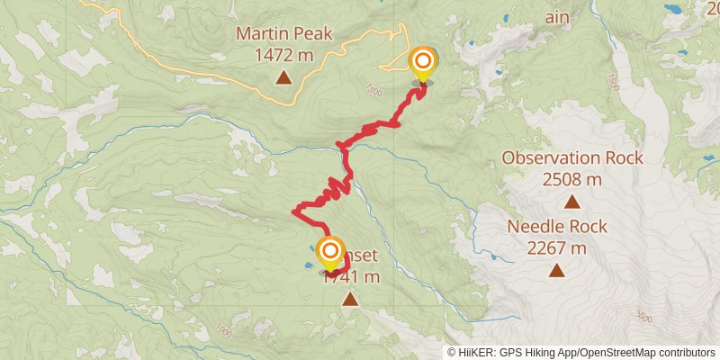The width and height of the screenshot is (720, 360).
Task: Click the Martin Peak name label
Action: pyautogui.click(x=283, y=34)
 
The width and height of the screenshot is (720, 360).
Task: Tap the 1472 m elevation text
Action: pyautogui.click(x=283, y=55)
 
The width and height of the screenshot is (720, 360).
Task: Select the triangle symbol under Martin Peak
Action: pyautogui.click(x=283, y=78)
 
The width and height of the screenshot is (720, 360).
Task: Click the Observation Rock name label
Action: pyautogui.click(x=572, y=157)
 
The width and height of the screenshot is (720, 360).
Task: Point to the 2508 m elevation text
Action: pyautogui.click(x=572, y=178)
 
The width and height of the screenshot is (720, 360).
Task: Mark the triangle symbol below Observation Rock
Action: pyautogui.click(x=572, y=202)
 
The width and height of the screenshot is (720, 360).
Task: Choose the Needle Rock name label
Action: pyautogui.click(x=557, y=227)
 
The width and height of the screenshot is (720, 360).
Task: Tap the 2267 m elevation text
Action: pyautogui.click(x=557, y=247)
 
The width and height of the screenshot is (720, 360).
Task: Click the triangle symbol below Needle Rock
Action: pyautogui.click(x=557, y=270)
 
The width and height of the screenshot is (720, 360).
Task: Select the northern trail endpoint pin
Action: pyautogui.click(x=422, y=63)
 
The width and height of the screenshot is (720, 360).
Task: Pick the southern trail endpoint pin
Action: pyautogui.click(x=330, y=251)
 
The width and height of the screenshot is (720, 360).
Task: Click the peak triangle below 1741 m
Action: pyautogui.click(x=349, y=300)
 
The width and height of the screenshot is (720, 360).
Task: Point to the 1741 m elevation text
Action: pyautogui.click(x=351, y=277)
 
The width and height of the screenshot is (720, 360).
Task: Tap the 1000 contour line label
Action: pyautogui.click(x=223, y=332)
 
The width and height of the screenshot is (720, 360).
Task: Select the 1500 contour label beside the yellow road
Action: pyautogui.click(x=374, y=90)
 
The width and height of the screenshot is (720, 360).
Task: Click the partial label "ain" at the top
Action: pyautogui.click(x=556, y=16)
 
